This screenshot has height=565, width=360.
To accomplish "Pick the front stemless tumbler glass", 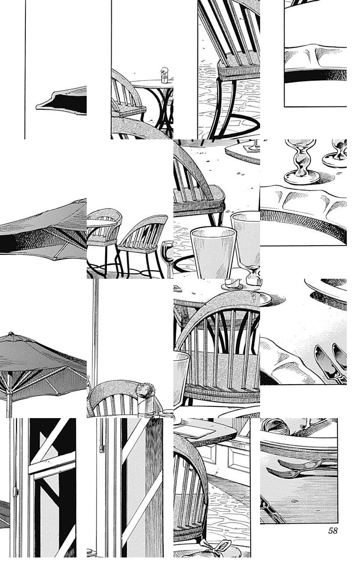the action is click(213, 252).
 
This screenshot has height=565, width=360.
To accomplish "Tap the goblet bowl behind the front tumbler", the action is click(246, 234).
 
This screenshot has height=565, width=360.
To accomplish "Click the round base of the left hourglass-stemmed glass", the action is click(302, 178).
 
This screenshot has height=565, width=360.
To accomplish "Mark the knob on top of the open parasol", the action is click(11, 334).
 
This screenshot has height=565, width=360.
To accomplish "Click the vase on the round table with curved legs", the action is click(164, 75).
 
